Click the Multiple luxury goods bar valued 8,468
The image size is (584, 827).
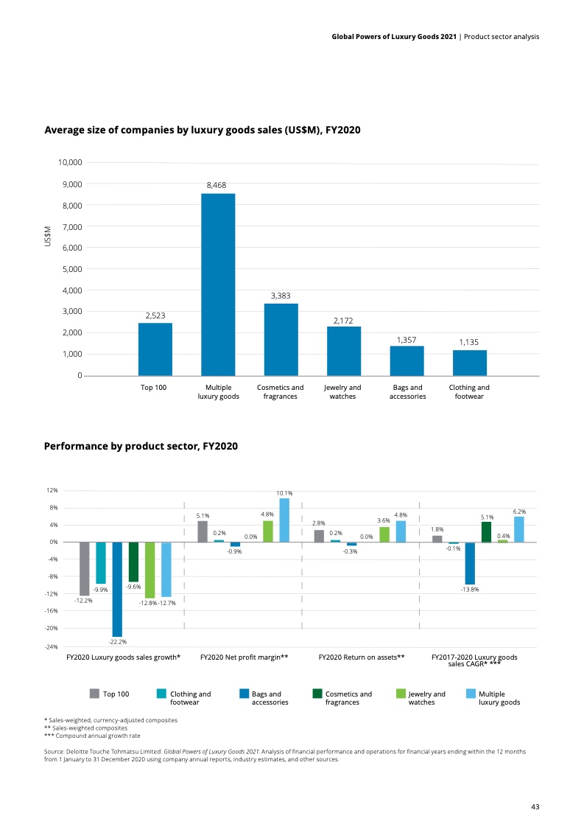click(218, 285)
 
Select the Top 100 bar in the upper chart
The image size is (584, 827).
click(155, 349)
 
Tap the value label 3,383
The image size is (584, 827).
click(281, 295)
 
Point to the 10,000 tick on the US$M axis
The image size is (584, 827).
click(70, 162)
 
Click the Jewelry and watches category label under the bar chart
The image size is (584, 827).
click(342, 392)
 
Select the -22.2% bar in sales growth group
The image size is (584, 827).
click(117, 589)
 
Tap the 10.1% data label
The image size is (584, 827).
click(284, 493)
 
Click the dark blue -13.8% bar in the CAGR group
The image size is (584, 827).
click(470, 563)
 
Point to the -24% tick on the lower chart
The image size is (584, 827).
click(52, 646)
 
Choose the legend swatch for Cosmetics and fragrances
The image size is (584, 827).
click(317, 694)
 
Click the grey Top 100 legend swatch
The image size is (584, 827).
click(94, 694)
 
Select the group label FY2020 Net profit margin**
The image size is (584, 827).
click(244, 656)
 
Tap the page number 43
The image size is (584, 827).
click(535, 807)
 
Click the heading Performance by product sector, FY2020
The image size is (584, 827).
click(141, 446)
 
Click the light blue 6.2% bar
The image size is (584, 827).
click(519, 529)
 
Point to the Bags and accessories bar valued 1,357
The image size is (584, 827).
click(407, 360)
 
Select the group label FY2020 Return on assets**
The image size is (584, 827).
click(362, 656)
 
